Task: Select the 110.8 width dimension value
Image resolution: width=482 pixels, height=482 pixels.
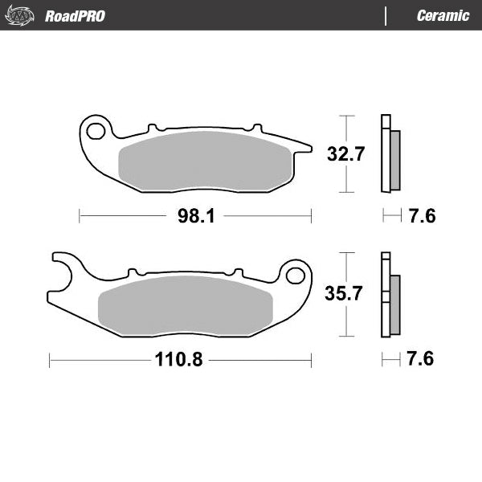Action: tap(174, 360)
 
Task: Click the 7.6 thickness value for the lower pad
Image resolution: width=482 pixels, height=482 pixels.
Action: tap(421, 359)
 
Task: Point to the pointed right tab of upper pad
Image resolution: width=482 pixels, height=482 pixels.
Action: tap(304, 146)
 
